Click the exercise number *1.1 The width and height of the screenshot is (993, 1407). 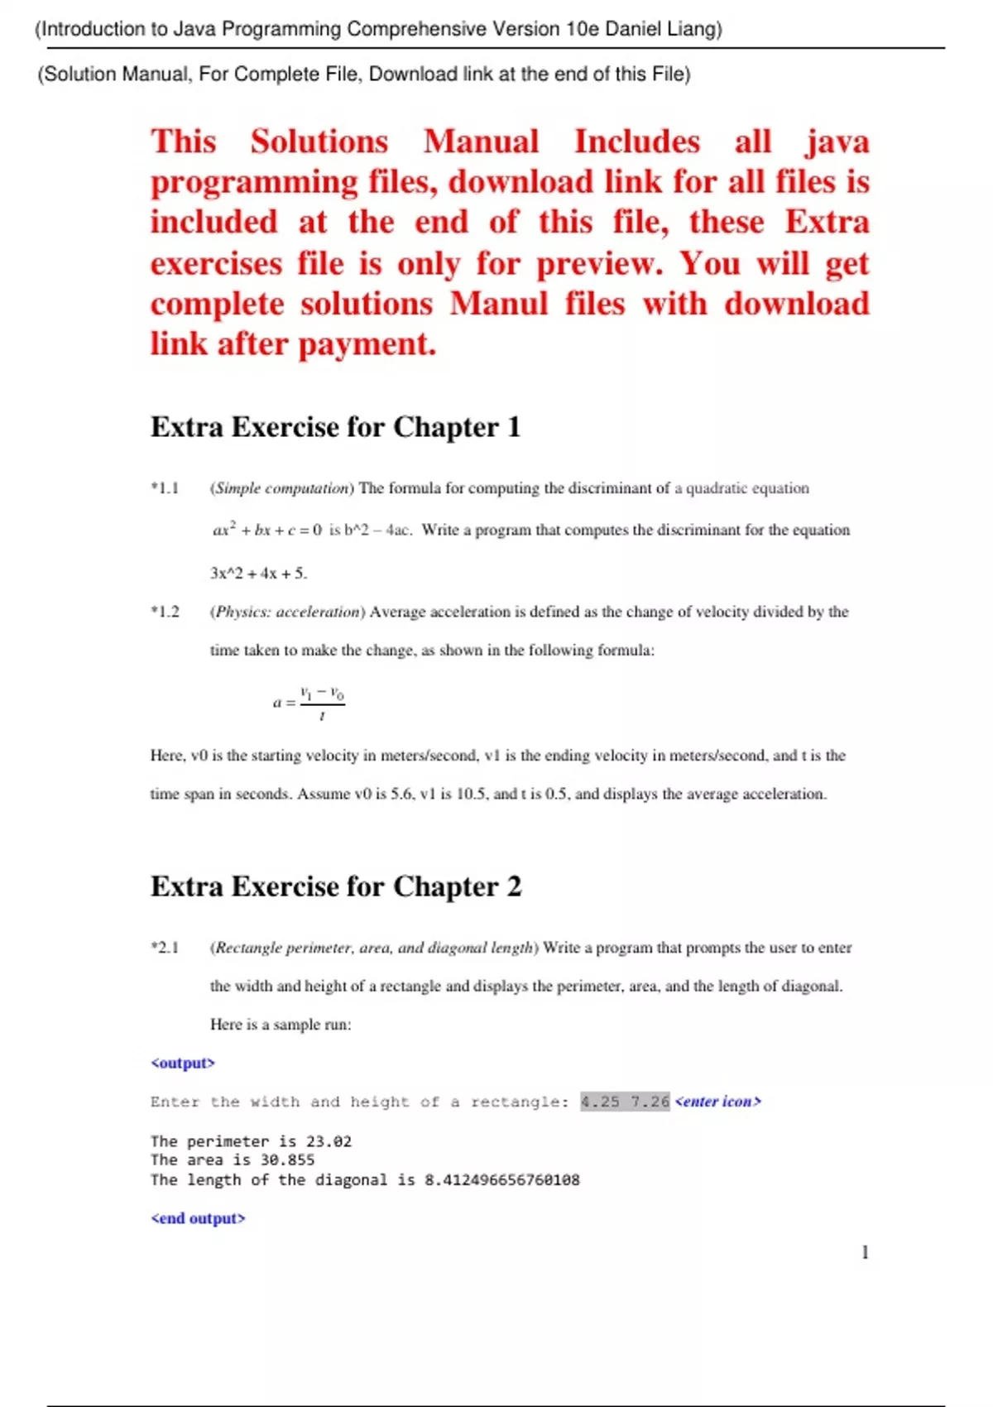(x=165, y=488)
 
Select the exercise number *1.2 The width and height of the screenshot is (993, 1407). (x=165, y=612)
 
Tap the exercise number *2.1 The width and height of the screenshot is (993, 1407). (x=165, y=948)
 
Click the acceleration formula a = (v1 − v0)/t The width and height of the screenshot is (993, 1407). (x=309, y=703)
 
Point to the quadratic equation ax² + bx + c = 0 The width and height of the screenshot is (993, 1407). (x=267, y=530)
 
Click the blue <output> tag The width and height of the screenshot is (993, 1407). (x=183, y=1063)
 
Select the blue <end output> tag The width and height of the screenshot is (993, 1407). (x=198, y=1218)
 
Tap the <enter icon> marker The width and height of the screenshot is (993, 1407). (x=718, y=1102)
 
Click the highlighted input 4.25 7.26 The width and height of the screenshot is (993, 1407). (x=625, y=1102)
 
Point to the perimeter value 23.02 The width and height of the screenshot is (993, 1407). (x=329, y=1141)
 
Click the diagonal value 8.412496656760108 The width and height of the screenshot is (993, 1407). (x=502, y=1180)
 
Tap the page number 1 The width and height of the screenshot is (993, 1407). (x=865, y=1252)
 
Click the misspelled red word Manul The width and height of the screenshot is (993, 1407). (x=499, y=304)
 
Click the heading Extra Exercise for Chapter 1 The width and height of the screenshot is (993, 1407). (x=335, y=427)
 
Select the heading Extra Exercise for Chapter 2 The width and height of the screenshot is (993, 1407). (x=336, y=886)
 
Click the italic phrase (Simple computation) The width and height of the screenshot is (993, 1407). (x=282, y=488)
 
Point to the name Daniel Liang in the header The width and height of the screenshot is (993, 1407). (x=663, y=29)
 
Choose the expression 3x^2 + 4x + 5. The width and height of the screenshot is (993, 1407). (x=258, y=573)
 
